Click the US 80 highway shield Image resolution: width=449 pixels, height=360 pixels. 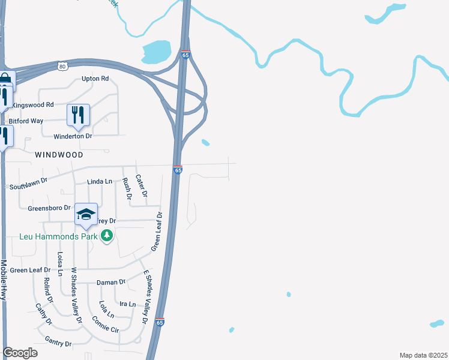pyautogui.click(x=62, y=66)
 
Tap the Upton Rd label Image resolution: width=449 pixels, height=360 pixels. pyautogui.click(x=95, y=79)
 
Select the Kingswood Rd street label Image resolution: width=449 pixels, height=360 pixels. pyautogui.click(x=33, y=104)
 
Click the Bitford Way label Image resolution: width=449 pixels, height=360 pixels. pyautogui.click(x=26, y=121)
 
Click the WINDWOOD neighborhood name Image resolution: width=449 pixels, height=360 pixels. pyautogui.click(x=59, y=154)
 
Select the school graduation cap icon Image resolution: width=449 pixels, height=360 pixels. pyautogui.click(x=86, y=214)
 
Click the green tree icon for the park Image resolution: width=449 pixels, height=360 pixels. pyautogui.click(x=107, y=236)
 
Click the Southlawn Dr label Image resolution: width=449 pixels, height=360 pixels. pyautogui.click(x=29, y=182)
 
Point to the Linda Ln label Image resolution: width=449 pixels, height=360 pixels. pyautogui.click(x=100, y=181)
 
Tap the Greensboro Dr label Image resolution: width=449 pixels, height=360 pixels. pyautogui.click(x=49, y=208)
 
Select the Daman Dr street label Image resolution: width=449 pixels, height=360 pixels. pyautogui.click(x=110, y=282)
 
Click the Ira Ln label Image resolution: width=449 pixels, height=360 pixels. pyautogui.click(x=127, y=304)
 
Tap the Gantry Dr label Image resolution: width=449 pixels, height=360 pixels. pyautogui.click(x=58, y=344)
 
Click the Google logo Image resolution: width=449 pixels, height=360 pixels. pyautogui.click(x=20, y=353)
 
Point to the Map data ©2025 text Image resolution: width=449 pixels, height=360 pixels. pyautogui.click(x=423, y=355)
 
